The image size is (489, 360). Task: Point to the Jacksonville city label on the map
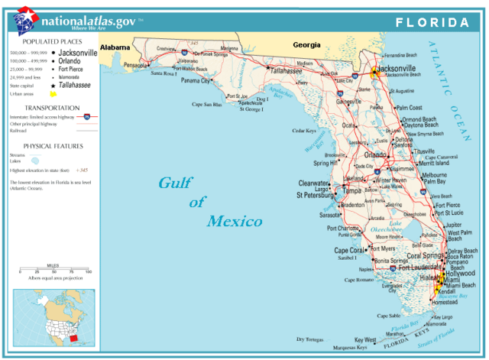(x=397, y=68)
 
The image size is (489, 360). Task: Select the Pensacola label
(x=134, y=66)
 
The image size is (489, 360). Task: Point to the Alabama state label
(x=115, y=46)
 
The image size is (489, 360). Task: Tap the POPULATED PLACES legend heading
(x=50, y=41)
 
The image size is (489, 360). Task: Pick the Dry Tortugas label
(x=311, y=339)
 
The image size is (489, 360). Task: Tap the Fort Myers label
(x=383, y=248)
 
